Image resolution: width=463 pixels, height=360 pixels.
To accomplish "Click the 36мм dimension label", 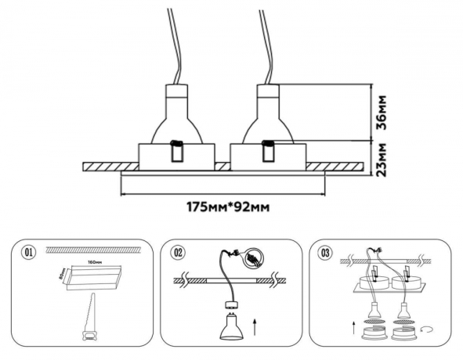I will pyautogui.click(x=382, y=112).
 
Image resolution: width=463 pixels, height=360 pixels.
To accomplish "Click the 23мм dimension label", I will pyautogui.click(x=382, y=160).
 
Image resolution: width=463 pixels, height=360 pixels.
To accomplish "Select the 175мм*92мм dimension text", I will pyautogui.click(x=222, y=207).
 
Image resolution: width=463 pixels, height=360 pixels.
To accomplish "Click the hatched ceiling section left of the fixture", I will pyautogui.click(x=110, y=167).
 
